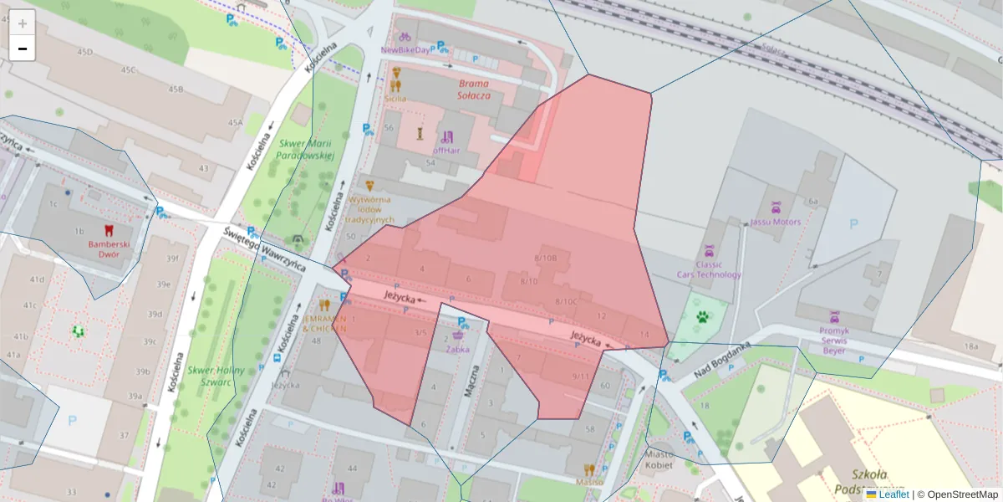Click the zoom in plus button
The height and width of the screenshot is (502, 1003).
pos(23,23)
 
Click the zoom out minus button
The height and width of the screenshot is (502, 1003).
pos(23,49)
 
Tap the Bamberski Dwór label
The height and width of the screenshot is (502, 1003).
pos(110,249)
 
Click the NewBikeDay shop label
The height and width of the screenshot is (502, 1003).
pos(405,49)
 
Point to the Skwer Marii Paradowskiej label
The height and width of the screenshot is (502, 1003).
pos(305,150)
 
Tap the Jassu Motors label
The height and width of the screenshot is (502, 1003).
pos(776,222)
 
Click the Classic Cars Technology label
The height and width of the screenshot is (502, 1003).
pos(708,269)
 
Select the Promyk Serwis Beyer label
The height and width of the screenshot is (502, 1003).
pos(833,340)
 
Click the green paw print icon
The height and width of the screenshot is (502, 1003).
pos(701,317)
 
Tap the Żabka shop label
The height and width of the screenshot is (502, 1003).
pos(457,349)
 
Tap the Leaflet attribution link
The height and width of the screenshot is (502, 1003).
pos(894,494)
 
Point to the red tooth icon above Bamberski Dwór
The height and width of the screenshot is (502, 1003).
pos(106,229)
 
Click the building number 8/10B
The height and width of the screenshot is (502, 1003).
pos(545,258)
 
